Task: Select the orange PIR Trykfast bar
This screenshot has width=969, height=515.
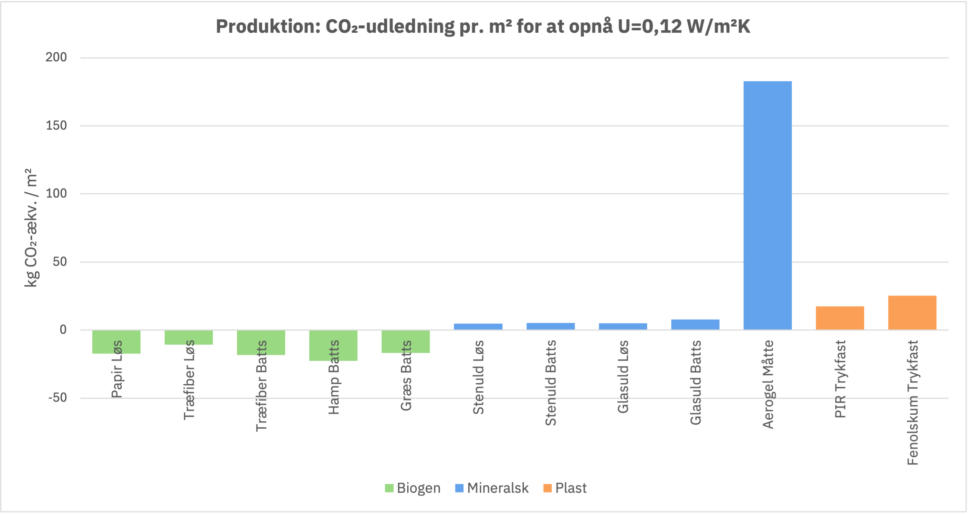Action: point(840,318)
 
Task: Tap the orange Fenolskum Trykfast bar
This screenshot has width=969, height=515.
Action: point(912,313)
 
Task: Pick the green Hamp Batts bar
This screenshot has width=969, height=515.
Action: point(333,346)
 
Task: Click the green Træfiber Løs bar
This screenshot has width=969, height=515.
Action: point(188,337)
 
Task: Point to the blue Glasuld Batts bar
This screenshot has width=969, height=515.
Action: point(695,324)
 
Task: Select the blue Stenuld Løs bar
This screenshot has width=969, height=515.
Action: point(478,327)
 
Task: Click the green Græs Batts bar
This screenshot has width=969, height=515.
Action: point(406,342)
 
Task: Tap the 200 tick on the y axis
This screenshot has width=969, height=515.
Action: point(56,57)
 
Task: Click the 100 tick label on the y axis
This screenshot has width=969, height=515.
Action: point(56,193)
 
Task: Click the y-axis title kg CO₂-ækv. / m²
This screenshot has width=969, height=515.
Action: point(31,228)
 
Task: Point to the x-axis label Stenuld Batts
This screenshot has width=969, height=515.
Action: point(551,383)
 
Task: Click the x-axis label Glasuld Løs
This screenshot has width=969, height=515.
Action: point(623,376)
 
